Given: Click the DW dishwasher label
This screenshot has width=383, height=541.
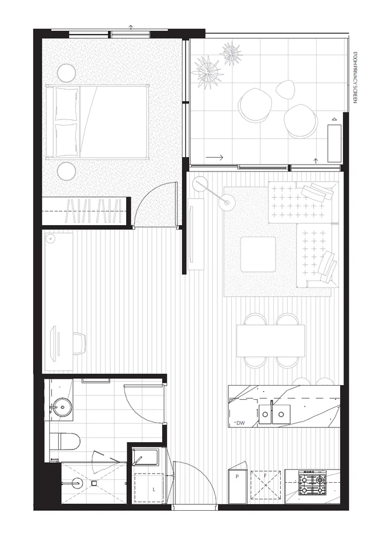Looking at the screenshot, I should (x=240, y=423).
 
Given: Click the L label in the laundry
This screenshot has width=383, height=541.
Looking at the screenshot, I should (x=154, y=490).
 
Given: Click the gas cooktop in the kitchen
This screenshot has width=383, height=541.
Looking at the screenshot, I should (x=312, y=484).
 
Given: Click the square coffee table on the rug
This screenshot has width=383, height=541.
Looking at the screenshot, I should (x=259, y=254).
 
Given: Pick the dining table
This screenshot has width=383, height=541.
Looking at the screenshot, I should (x=271, y=340).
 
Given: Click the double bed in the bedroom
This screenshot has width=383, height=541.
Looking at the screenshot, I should (x=100, y=122).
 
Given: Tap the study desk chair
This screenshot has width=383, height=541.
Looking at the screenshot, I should (x=78, y=343).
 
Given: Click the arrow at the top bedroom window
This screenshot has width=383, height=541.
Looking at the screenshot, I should (x=131, y=27).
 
